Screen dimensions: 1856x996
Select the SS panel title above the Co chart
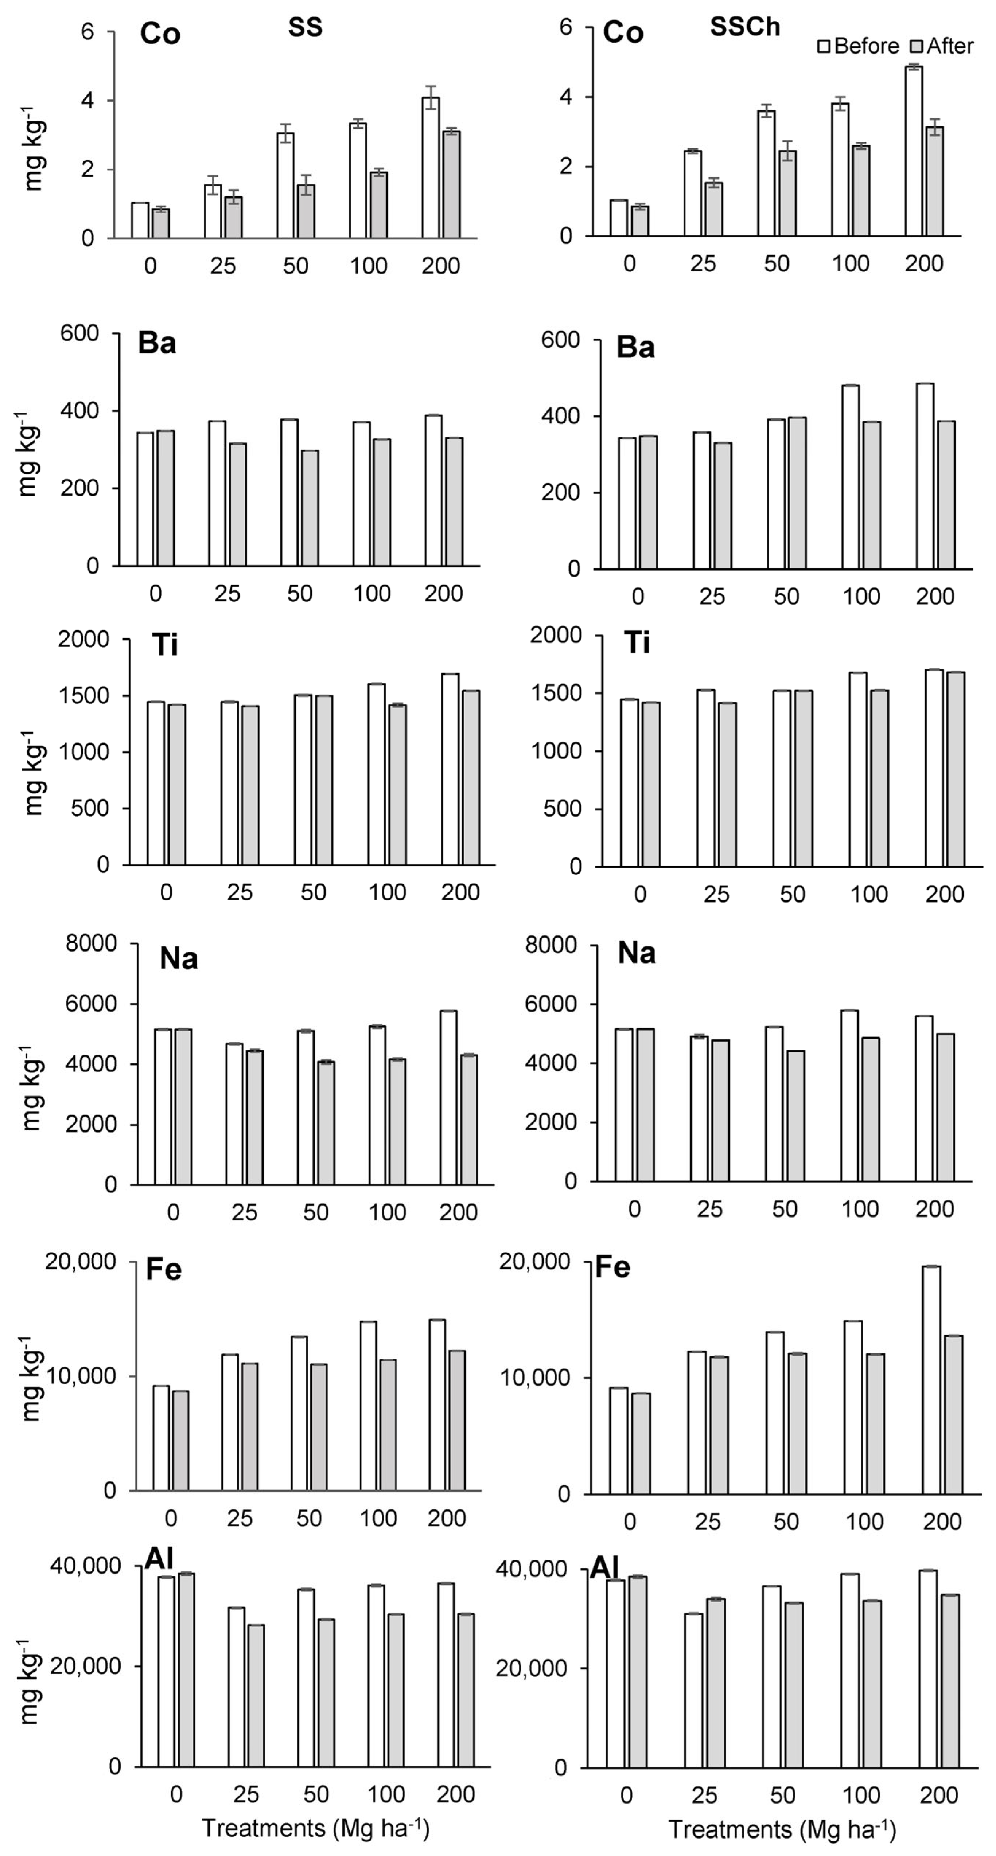306,27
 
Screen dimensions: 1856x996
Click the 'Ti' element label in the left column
165,645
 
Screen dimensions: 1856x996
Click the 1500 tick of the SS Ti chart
83,696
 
